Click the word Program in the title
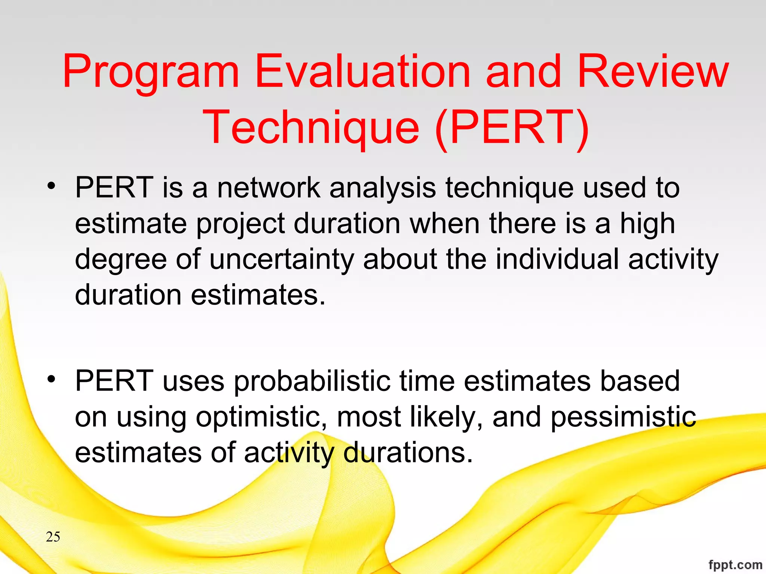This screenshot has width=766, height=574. (150, 72)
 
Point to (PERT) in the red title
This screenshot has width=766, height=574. (512, 128)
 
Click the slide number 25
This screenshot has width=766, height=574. (53, 537)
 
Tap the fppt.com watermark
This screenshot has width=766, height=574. (735, 565)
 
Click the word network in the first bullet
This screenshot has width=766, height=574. (269, 188)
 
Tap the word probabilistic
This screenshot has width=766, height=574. (312, 381)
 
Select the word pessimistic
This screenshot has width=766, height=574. (623, 417)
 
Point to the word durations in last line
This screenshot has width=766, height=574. (408, 453)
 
